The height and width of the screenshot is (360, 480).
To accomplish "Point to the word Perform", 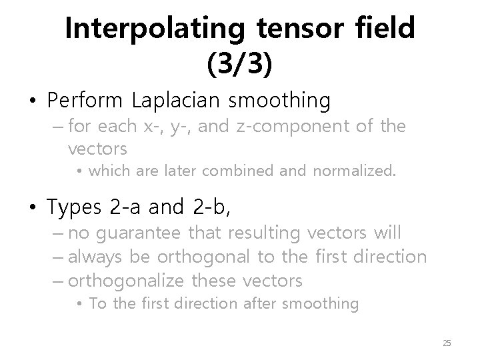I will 85,101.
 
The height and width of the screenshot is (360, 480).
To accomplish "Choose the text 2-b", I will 209,208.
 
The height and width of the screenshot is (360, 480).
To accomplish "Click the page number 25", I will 447,343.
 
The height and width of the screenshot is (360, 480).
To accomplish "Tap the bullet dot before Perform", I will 33,102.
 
